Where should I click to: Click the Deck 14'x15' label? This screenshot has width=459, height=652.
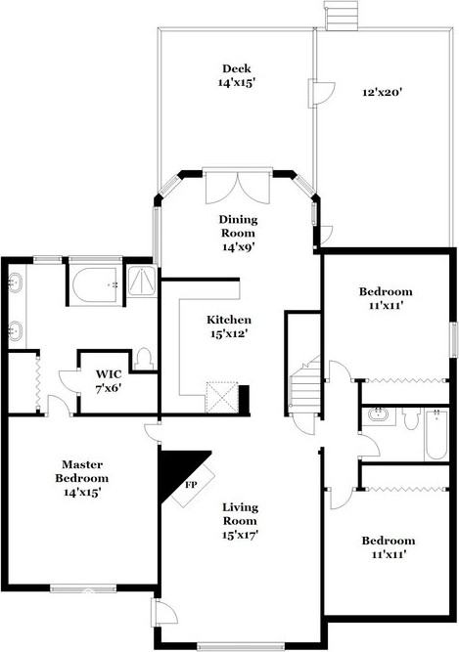pyautogui.click(x=236, y=75)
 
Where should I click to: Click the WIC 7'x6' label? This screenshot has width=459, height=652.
pyautogui.click(x=109, y=380)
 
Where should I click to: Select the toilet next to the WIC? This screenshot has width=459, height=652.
pyautogui.click(x=144, y=358)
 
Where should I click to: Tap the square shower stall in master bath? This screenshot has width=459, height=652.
pyautogui.click(x=142, y=282)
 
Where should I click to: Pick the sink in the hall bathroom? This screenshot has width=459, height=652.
pyautogui.click(x=379, y=417)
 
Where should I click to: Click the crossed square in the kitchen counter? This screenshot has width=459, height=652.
pyautogui.click(x=221, y=395)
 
